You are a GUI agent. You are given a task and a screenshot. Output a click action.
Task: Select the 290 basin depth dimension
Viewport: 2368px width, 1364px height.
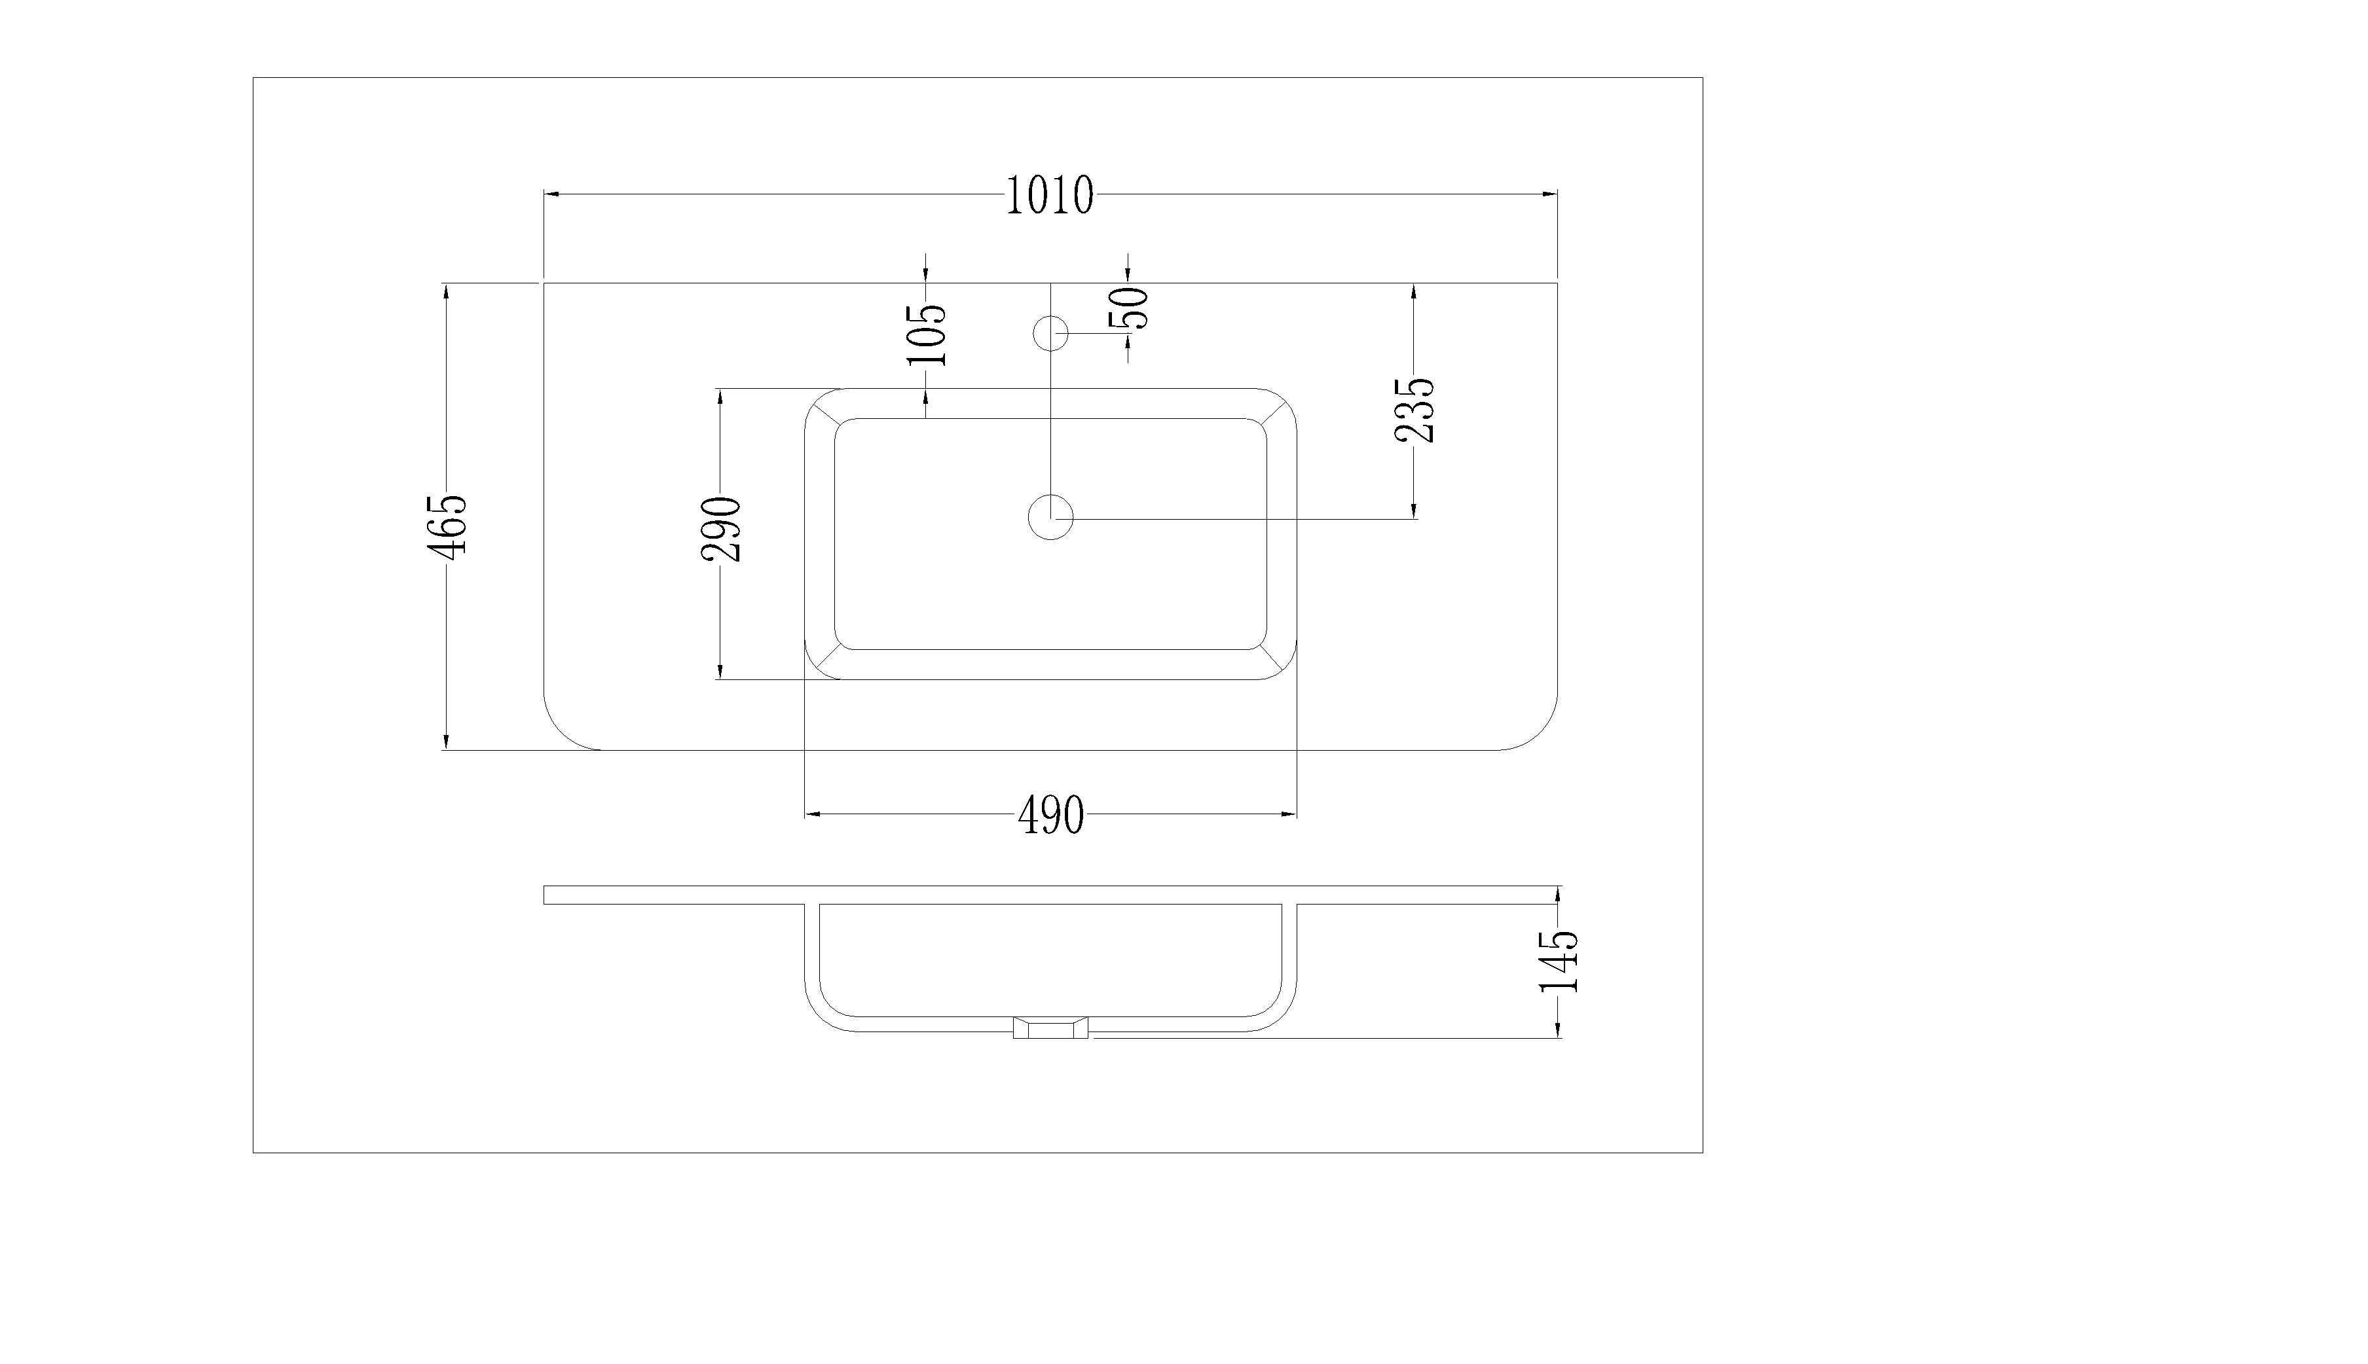[x=722, y=529]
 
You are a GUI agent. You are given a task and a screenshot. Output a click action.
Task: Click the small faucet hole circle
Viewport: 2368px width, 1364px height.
[x=1050, y=332]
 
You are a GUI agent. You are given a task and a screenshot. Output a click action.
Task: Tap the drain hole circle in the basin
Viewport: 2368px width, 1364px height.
[x=1050, y=517]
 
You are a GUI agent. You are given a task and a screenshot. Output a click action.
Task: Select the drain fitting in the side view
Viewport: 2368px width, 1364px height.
[x=1050, y=1029]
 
